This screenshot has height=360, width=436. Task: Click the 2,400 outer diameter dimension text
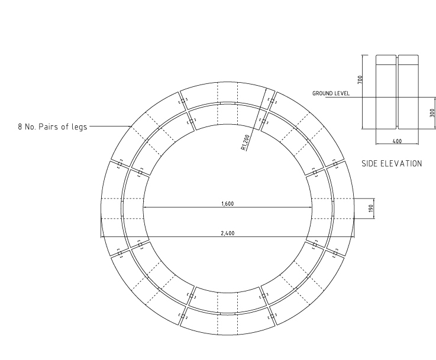coord(227,233)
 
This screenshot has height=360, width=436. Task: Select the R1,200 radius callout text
coord(245,142)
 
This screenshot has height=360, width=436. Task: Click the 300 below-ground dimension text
coord(432,112)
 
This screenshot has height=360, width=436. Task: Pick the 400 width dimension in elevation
coord(398,141)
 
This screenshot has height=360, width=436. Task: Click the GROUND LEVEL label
coord(331,93)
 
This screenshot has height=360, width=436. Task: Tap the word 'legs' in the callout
coord(77,126)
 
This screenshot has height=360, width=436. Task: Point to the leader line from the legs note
coord(110,126)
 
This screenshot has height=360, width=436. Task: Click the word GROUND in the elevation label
coord(322,93)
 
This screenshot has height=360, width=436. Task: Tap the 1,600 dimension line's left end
coord(144,207)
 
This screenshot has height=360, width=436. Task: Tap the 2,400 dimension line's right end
coord(353,238)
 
